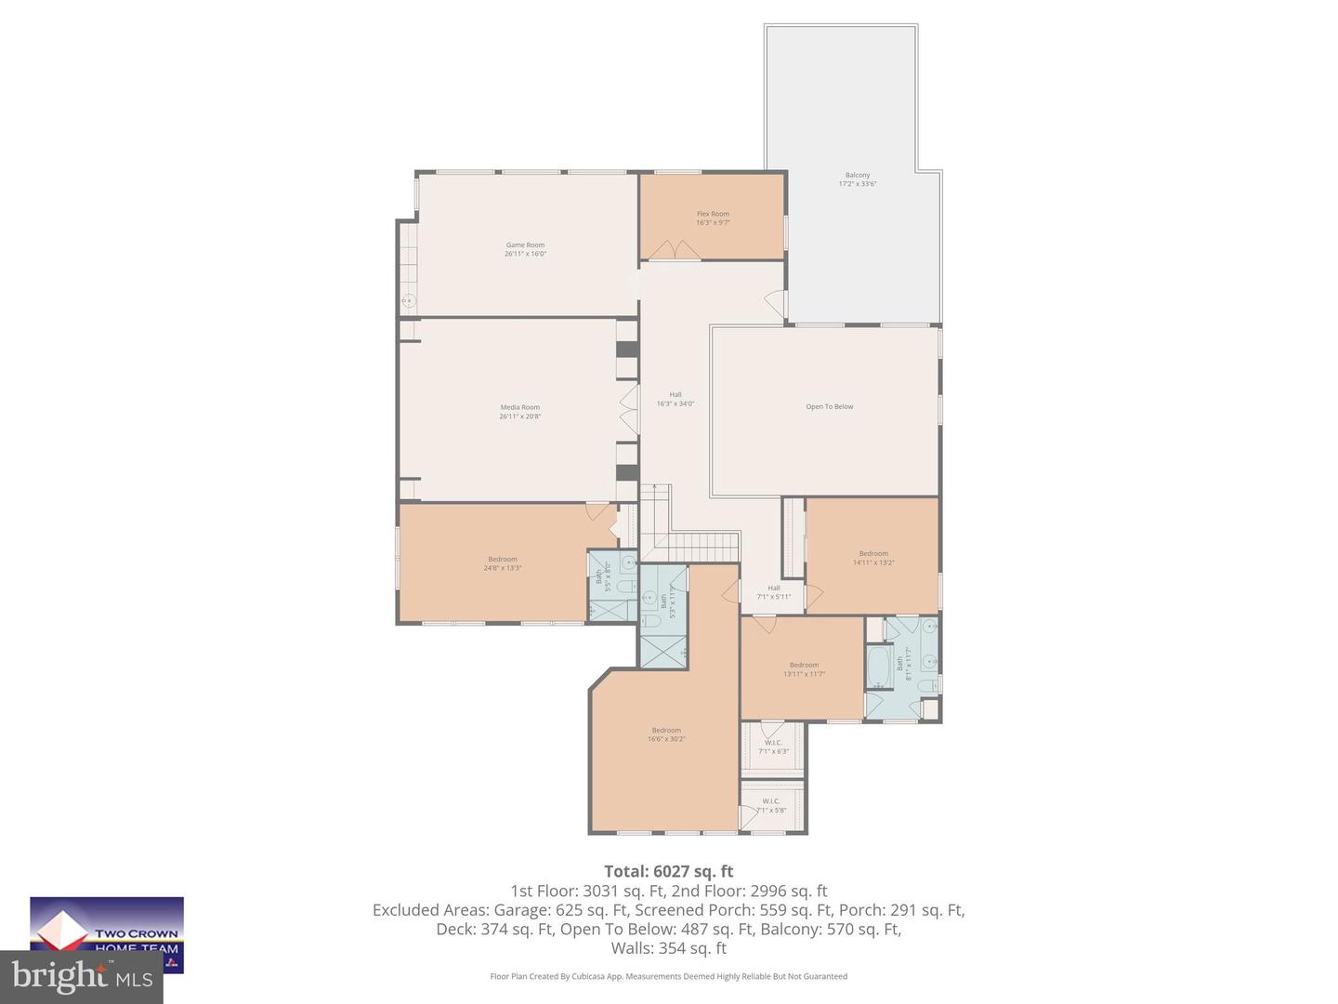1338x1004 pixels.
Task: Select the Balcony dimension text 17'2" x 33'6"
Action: coord(857,184)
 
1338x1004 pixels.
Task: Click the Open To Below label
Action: coord(829,407)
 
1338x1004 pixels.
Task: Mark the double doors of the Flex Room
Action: coord(675,251)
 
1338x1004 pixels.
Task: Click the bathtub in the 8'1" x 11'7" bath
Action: coord(877,666)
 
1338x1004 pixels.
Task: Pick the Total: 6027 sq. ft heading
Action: coord(668,871)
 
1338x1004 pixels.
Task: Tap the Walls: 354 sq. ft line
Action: coord(668,948)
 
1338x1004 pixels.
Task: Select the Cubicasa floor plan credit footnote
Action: coord(668,976)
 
